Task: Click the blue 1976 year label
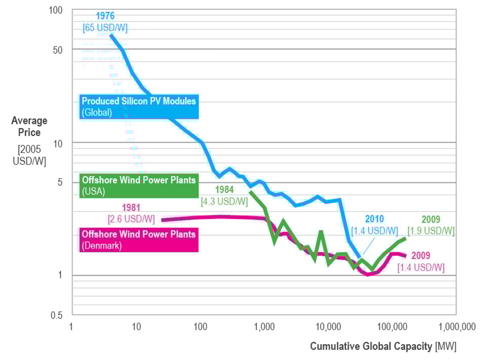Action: (x=105, y=16)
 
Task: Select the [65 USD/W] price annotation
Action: (x=105, y=27)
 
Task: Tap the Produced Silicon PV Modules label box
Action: (x=138, y=107)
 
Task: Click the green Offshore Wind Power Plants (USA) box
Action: (x=138, y=186)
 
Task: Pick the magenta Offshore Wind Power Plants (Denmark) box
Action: (x=138, y=240)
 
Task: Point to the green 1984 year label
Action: (x=224, y=190)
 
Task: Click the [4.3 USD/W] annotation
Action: (x=224, y=202)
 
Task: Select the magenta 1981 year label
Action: (x=131, y=207)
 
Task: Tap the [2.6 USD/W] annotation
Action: (x=131, y=219)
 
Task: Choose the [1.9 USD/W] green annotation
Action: (x=431, y=231)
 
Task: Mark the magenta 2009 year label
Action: (x=421, y=255)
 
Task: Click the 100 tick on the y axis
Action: (x=56, y=11)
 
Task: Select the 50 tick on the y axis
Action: (x=58, y=50)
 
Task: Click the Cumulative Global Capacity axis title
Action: (x=383, y=347)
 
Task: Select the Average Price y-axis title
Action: (x=29, y=126)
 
